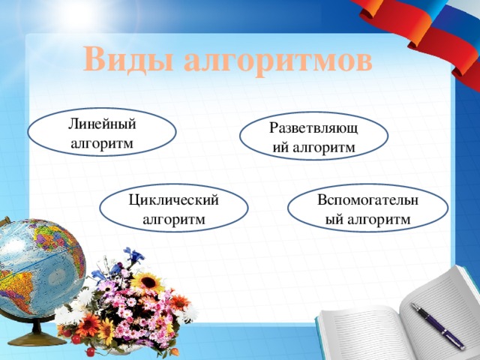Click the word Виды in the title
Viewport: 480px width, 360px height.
128,59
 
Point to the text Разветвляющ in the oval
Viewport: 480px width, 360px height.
313,127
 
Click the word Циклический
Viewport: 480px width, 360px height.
173,199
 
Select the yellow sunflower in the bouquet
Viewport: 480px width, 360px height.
148,283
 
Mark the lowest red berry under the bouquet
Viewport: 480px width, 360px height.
91,351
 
